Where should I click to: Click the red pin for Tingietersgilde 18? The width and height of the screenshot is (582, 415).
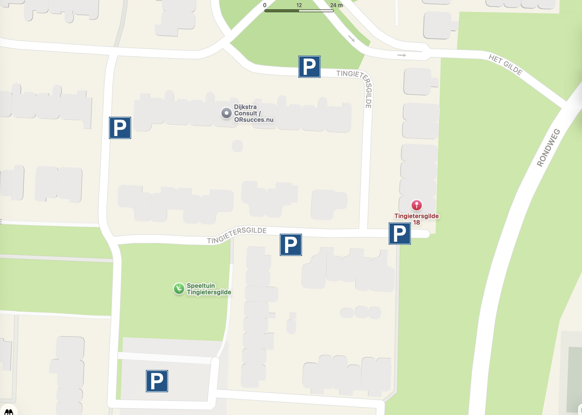tap(416, 205)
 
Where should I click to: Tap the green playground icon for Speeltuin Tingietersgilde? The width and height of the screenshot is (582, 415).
tap(179, 289)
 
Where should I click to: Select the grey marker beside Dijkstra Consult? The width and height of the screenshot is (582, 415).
tap(226, 113)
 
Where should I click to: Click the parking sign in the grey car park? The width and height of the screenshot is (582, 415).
tap(157, 381)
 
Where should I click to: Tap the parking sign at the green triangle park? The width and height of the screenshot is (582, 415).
tap(309, 67)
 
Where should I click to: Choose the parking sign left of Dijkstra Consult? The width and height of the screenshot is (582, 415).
tap(120, 128)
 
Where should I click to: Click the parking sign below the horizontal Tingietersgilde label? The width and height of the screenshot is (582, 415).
tap(291, 245)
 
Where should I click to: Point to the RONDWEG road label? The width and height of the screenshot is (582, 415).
tap(548, 148)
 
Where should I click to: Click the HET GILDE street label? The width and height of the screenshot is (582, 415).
tap(505, 65)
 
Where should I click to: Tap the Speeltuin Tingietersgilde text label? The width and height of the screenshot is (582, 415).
tap(209, 289)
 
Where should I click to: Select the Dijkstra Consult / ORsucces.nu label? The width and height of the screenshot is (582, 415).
tap(254, 113)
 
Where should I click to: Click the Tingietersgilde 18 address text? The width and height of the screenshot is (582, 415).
tap(416, 219)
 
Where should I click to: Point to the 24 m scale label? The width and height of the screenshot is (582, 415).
tap(336, 5)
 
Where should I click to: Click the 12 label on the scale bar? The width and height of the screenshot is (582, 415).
tap(299, 5)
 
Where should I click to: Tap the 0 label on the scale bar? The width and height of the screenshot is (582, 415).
tap(265, 5)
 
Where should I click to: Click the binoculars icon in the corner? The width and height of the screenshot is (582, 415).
tap(9, 411)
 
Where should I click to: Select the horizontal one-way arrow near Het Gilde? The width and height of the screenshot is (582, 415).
tap(402, 55)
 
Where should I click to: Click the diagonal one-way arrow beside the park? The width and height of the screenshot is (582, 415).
tap(351, 39)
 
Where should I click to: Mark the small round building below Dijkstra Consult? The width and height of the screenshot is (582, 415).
tap(237, 146)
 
